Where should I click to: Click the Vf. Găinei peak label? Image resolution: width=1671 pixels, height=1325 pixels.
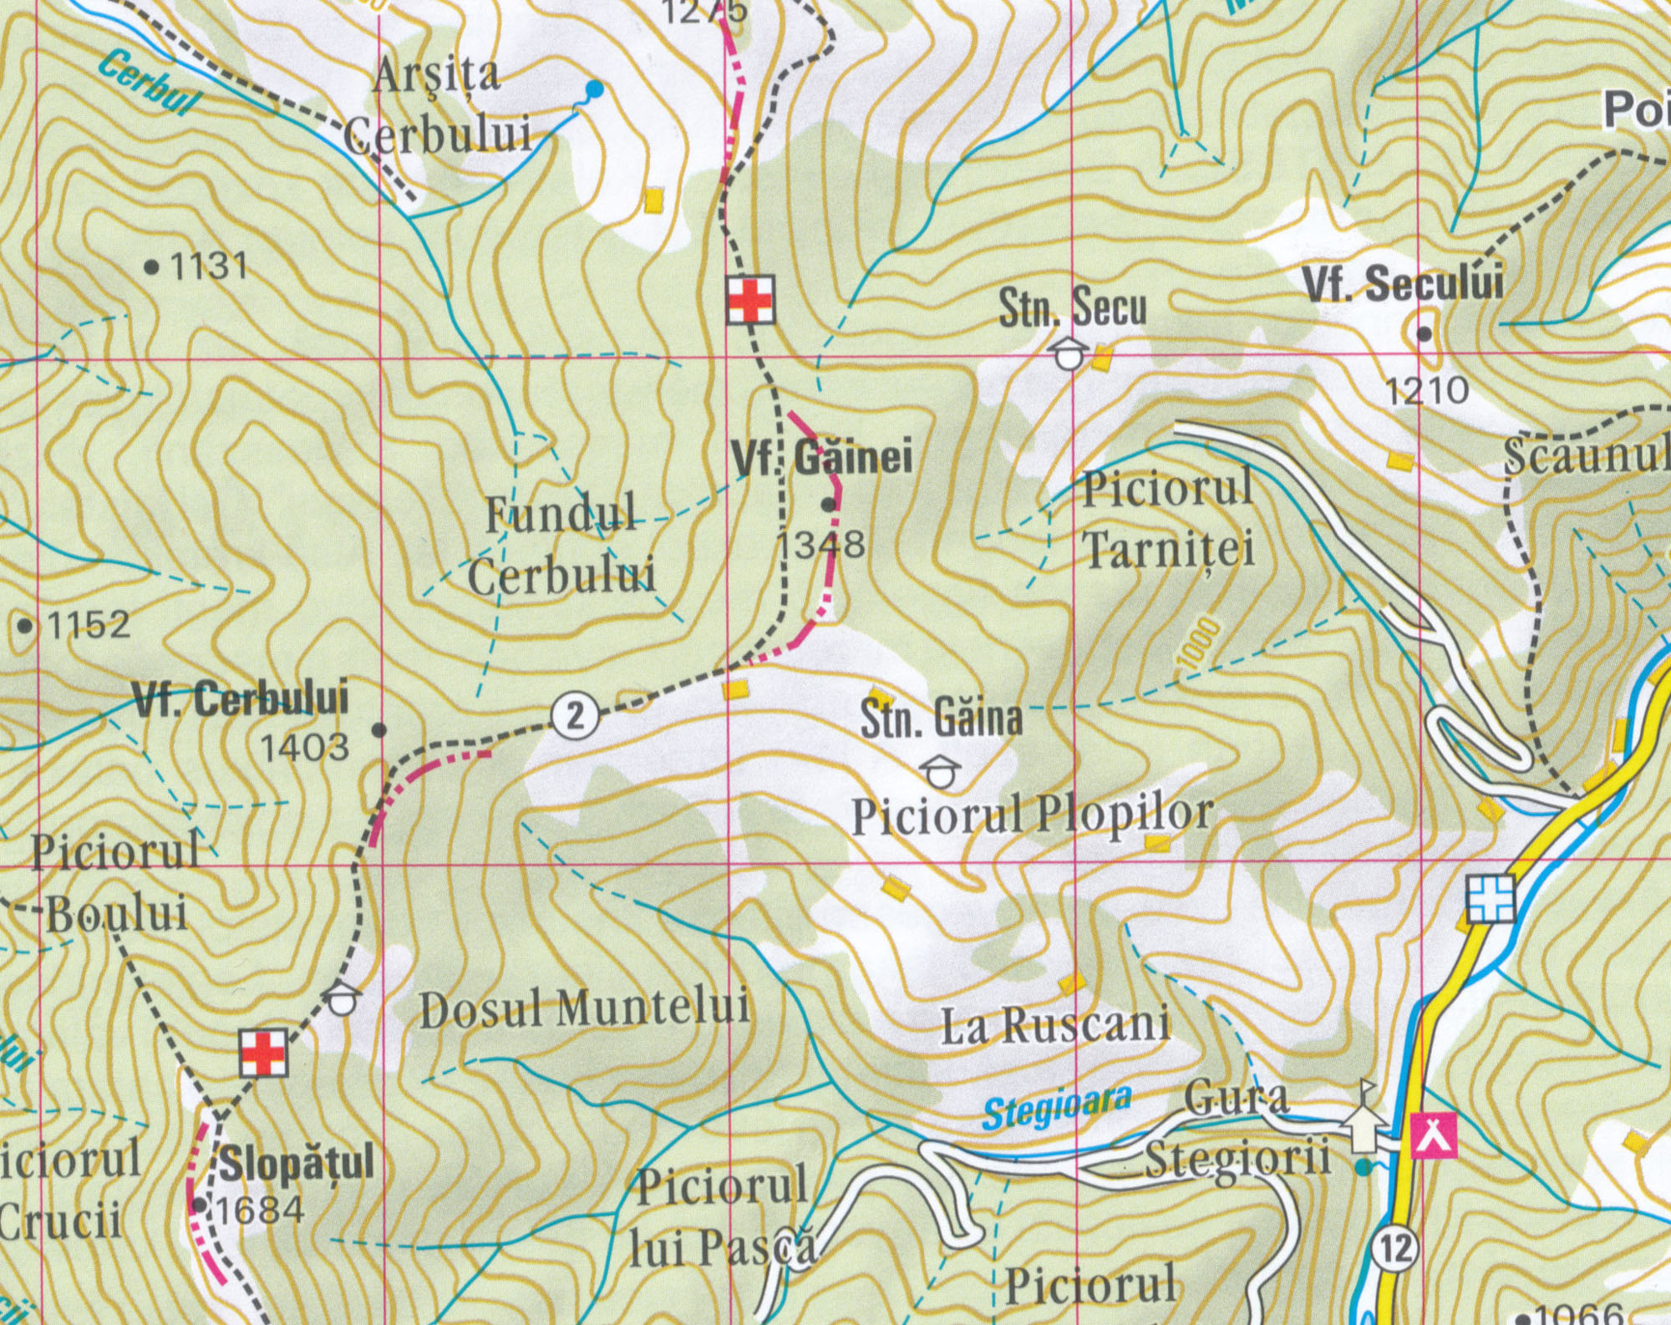[821, 458]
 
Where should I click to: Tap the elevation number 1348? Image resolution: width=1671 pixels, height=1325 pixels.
[821, 546]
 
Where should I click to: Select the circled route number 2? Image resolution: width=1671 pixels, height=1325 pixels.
[575, 716]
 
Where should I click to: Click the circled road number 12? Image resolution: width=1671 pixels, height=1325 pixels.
[1394, 1249]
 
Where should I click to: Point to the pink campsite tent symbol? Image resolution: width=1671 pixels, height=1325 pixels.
[1434, 1135]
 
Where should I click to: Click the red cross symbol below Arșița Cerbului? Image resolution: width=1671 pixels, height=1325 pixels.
[750, 299]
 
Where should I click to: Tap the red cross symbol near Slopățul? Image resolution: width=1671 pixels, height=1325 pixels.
[264, 1053]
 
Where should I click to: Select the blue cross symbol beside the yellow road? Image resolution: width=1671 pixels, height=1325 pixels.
[1491, 899]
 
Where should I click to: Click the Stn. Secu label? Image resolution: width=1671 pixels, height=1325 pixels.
[1073, 307]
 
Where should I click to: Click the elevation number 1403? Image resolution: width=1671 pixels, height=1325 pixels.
[305, 747]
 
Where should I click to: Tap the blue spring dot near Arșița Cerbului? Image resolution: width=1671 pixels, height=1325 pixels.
[594, 89]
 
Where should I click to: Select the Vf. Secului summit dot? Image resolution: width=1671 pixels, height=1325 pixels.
[1424, 334]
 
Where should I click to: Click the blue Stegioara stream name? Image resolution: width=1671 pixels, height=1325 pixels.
[1057, 1108]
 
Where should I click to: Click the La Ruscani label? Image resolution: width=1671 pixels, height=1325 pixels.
[1055, 1025]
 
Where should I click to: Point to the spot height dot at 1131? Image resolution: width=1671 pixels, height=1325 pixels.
[151, 267]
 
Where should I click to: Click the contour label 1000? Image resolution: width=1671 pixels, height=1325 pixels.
[1198, 642]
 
